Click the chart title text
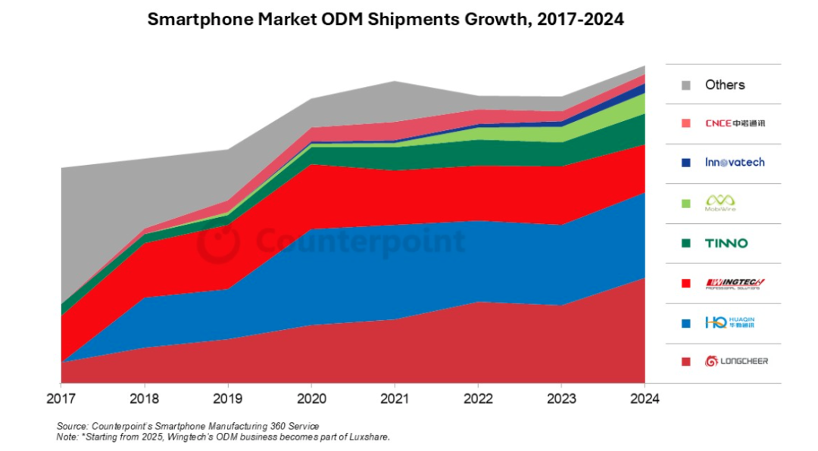(386, 20)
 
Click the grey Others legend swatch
(685, 86)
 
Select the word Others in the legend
(725, 85)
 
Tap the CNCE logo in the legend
(735, 123)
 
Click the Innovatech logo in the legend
(735, 162)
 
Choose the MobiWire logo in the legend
(720, 202)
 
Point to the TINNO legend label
(726, 243)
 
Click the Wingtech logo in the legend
(735, 284)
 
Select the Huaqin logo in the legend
(730, 322)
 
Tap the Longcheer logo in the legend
(736, 361)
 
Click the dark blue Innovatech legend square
(685, 163)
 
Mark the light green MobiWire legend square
(685, 203)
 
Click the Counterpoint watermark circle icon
(219, 242)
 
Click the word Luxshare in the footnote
(367, 437)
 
